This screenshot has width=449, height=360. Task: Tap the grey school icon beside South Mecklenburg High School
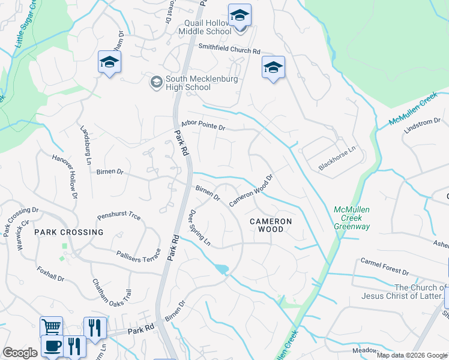click(156, 82)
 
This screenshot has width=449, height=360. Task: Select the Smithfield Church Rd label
click(229, 52)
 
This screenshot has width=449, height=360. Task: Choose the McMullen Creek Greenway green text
click(352, 218)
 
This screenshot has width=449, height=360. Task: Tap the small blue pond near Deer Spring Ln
click(221, 269)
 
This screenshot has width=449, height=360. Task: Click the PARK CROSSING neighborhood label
click(68, 232)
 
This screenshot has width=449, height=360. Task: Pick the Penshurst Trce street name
click(118, 216)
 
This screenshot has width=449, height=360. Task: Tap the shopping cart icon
click(51, 327)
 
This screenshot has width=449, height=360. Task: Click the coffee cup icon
click(52, 346)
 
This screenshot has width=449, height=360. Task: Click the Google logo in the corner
click(20, 353)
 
